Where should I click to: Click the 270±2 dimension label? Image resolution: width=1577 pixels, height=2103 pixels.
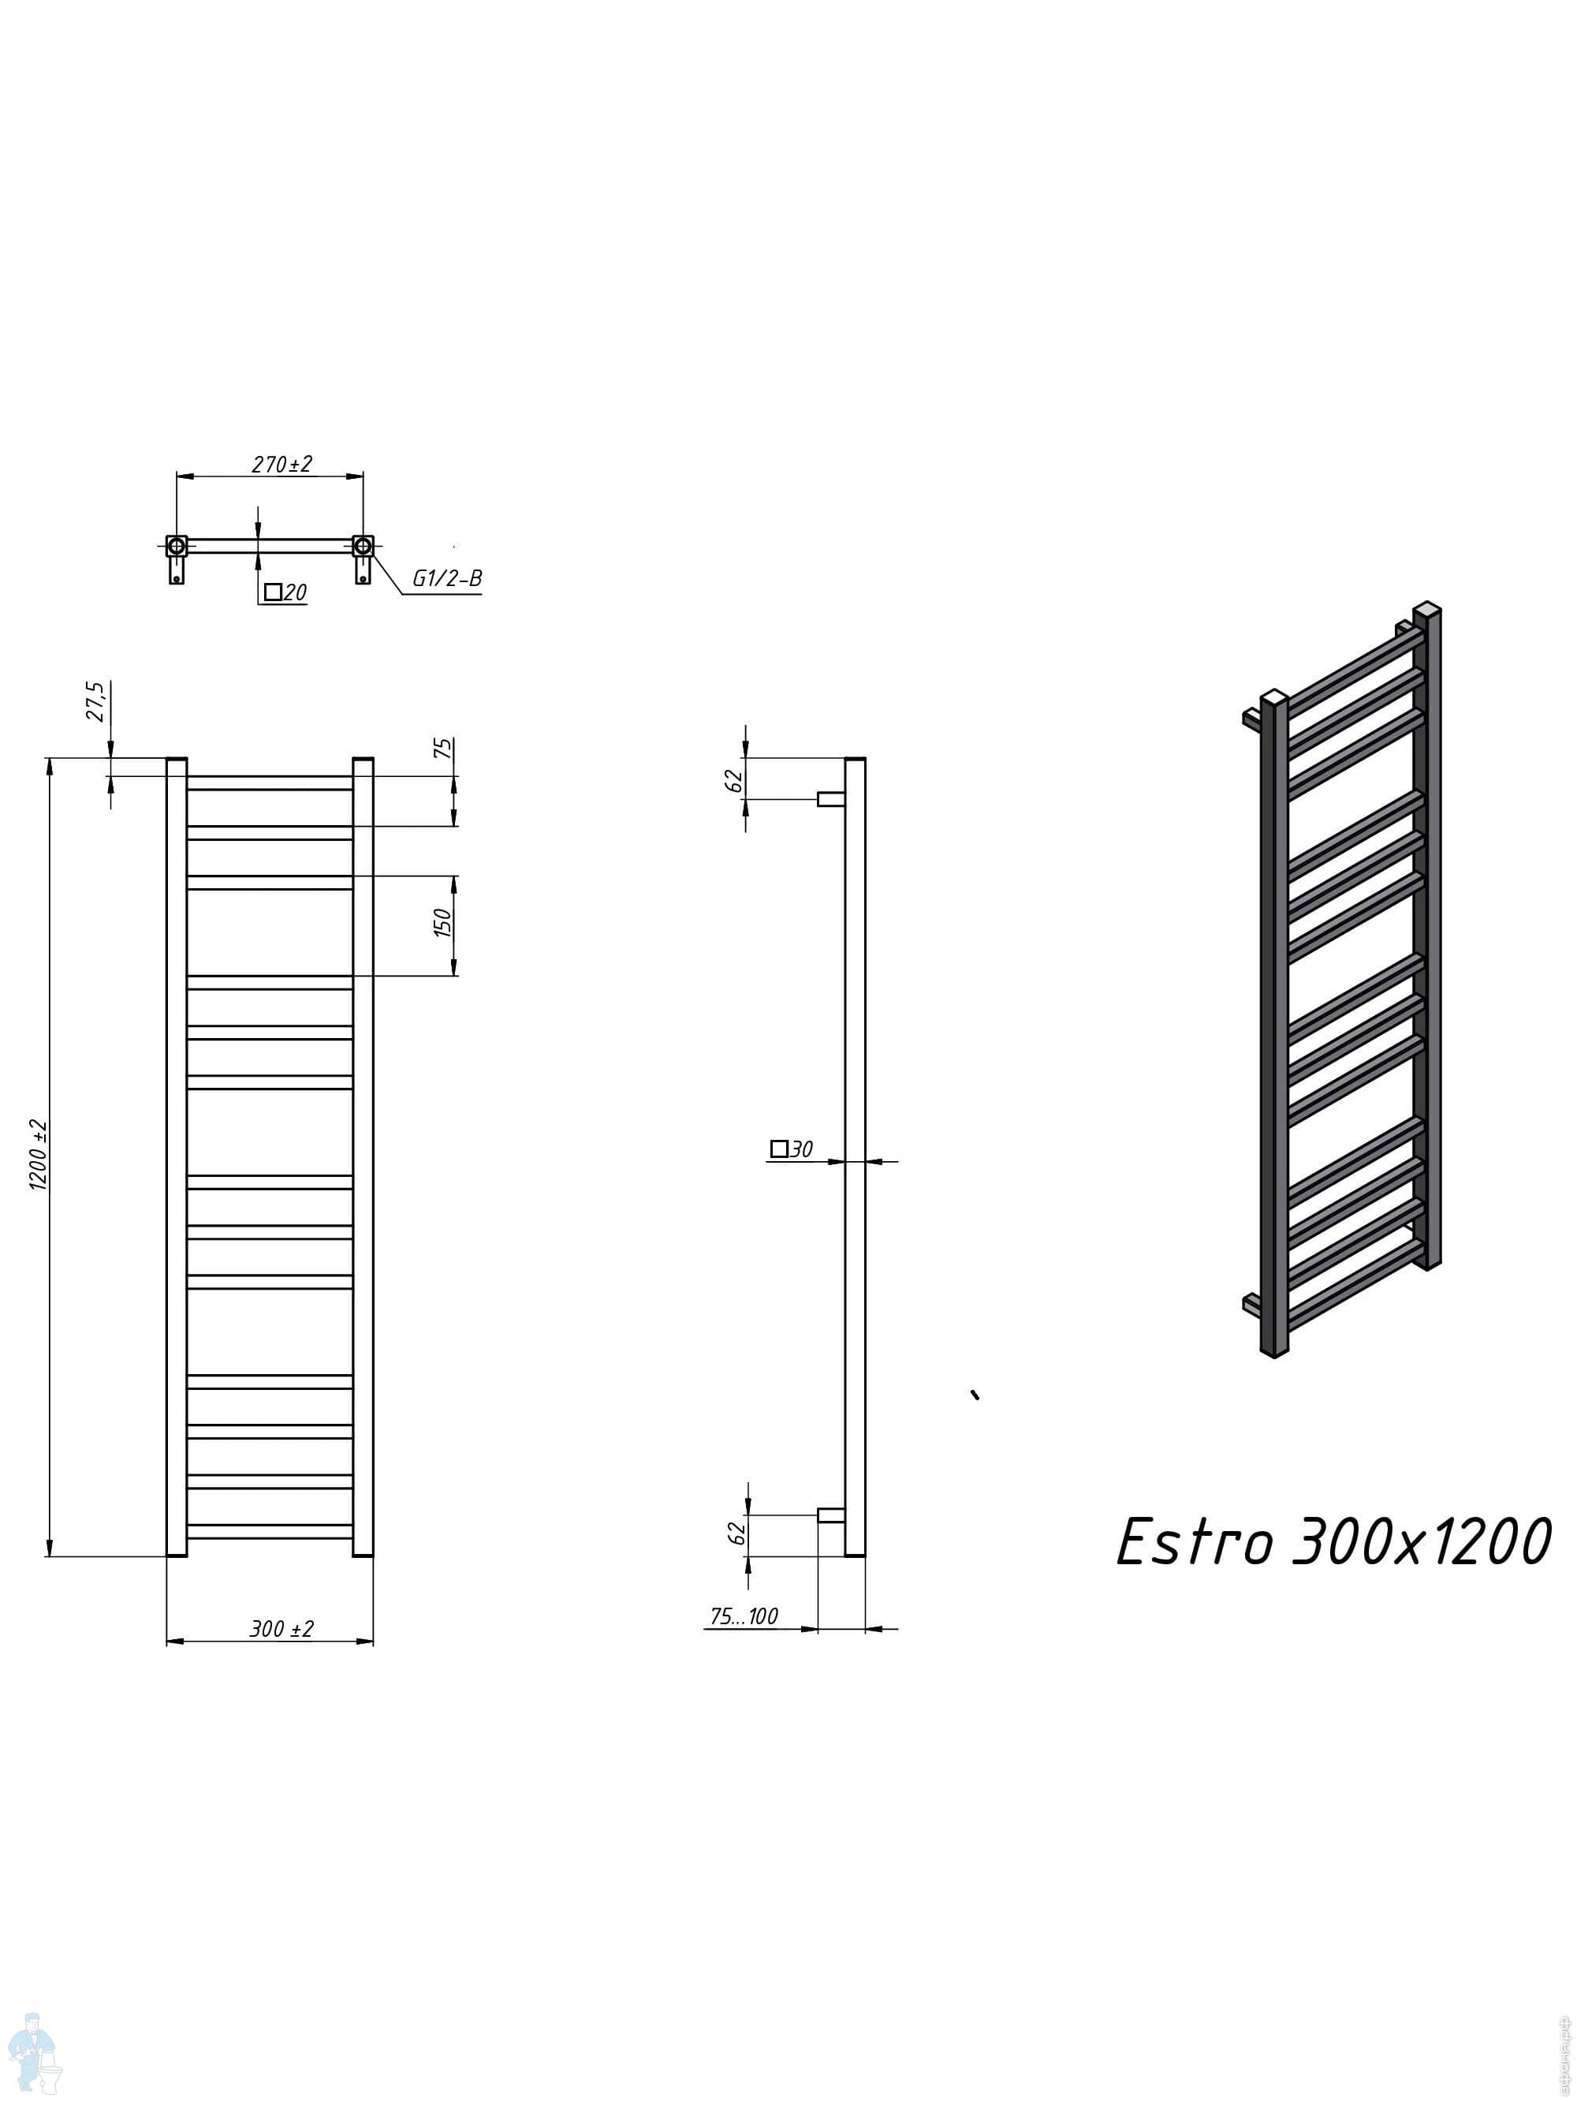281,464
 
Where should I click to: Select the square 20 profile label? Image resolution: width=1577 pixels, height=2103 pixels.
285,592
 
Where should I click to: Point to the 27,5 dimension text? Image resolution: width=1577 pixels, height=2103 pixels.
97,700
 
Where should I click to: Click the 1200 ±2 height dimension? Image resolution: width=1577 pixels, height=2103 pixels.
39,1153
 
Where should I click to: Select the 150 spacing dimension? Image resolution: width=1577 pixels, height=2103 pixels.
443,922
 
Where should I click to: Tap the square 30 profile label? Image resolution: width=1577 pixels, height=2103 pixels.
791,1149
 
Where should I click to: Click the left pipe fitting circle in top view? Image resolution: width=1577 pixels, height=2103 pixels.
177,546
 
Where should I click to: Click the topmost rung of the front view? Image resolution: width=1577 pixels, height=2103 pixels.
270,783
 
